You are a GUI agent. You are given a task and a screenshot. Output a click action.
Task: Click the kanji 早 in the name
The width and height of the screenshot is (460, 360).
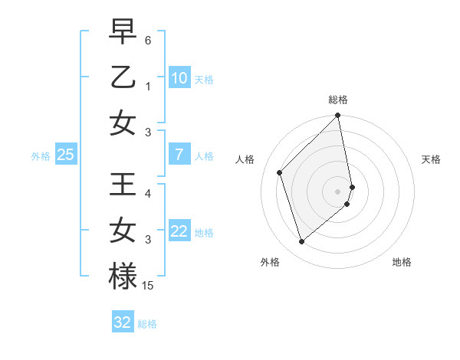[123, 31]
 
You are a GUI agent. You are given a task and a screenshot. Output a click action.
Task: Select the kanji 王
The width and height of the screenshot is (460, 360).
[123, 185]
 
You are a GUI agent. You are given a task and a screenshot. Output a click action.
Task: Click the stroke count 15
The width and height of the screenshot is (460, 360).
[148, 286]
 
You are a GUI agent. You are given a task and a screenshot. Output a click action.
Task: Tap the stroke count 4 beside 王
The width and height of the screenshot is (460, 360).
[148, 194]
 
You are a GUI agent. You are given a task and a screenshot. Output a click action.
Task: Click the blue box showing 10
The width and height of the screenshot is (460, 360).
[179, 78]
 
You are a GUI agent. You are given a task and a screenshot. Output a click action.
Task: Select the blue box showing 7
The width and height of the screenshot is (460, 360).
[179, 155]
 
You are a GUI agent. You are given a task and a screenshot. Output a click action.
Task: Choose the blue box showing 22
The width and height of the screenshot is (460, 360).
[179, 231]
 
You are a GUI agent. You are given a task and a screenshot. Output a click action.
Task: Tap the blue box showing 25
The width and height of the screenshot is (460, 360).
[65, 155]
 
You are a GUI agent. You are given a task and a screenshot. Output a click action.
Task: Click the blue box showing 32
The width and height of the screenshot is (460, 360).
[123, 322]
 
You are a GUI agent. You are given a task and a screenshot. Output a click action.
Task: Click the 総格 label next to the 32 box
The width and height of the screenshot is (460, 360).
[147, 324]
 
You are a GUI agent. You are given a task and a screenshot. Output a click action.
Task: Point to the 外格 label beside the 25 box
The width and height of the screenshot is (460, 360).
[41, 156]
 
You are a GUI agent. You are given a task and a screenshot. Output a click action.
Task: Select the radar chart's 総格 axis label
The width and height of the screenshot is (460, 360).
[338, 100]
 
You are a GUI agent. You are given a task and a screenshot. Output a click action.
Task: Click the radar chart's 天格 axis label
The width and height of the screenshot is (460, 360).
[431, 159]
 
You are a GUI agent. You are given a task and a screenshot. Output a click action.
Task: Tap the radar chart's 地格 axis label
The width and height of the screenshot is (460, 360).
[402, 262]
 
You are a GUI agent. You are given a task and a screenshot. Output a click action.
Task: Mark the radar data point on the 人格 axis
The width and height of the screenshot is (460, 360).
[280, 172]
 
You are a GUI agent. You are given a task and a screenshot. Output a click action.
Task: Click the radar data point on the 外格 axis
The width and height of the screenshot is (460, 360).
[302, 242]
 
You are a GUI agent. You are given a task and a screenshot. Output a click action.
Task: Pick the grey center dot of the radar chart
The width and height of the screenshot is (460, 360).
[338, 191]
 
